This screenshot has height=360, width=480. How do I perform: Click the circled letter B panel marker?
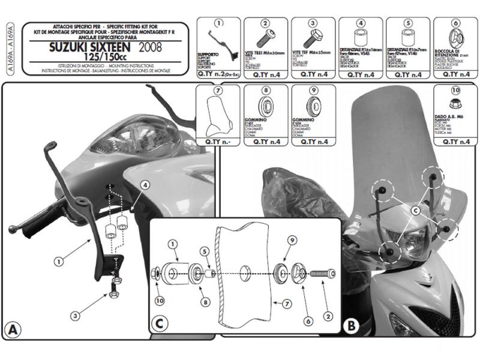352,326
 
